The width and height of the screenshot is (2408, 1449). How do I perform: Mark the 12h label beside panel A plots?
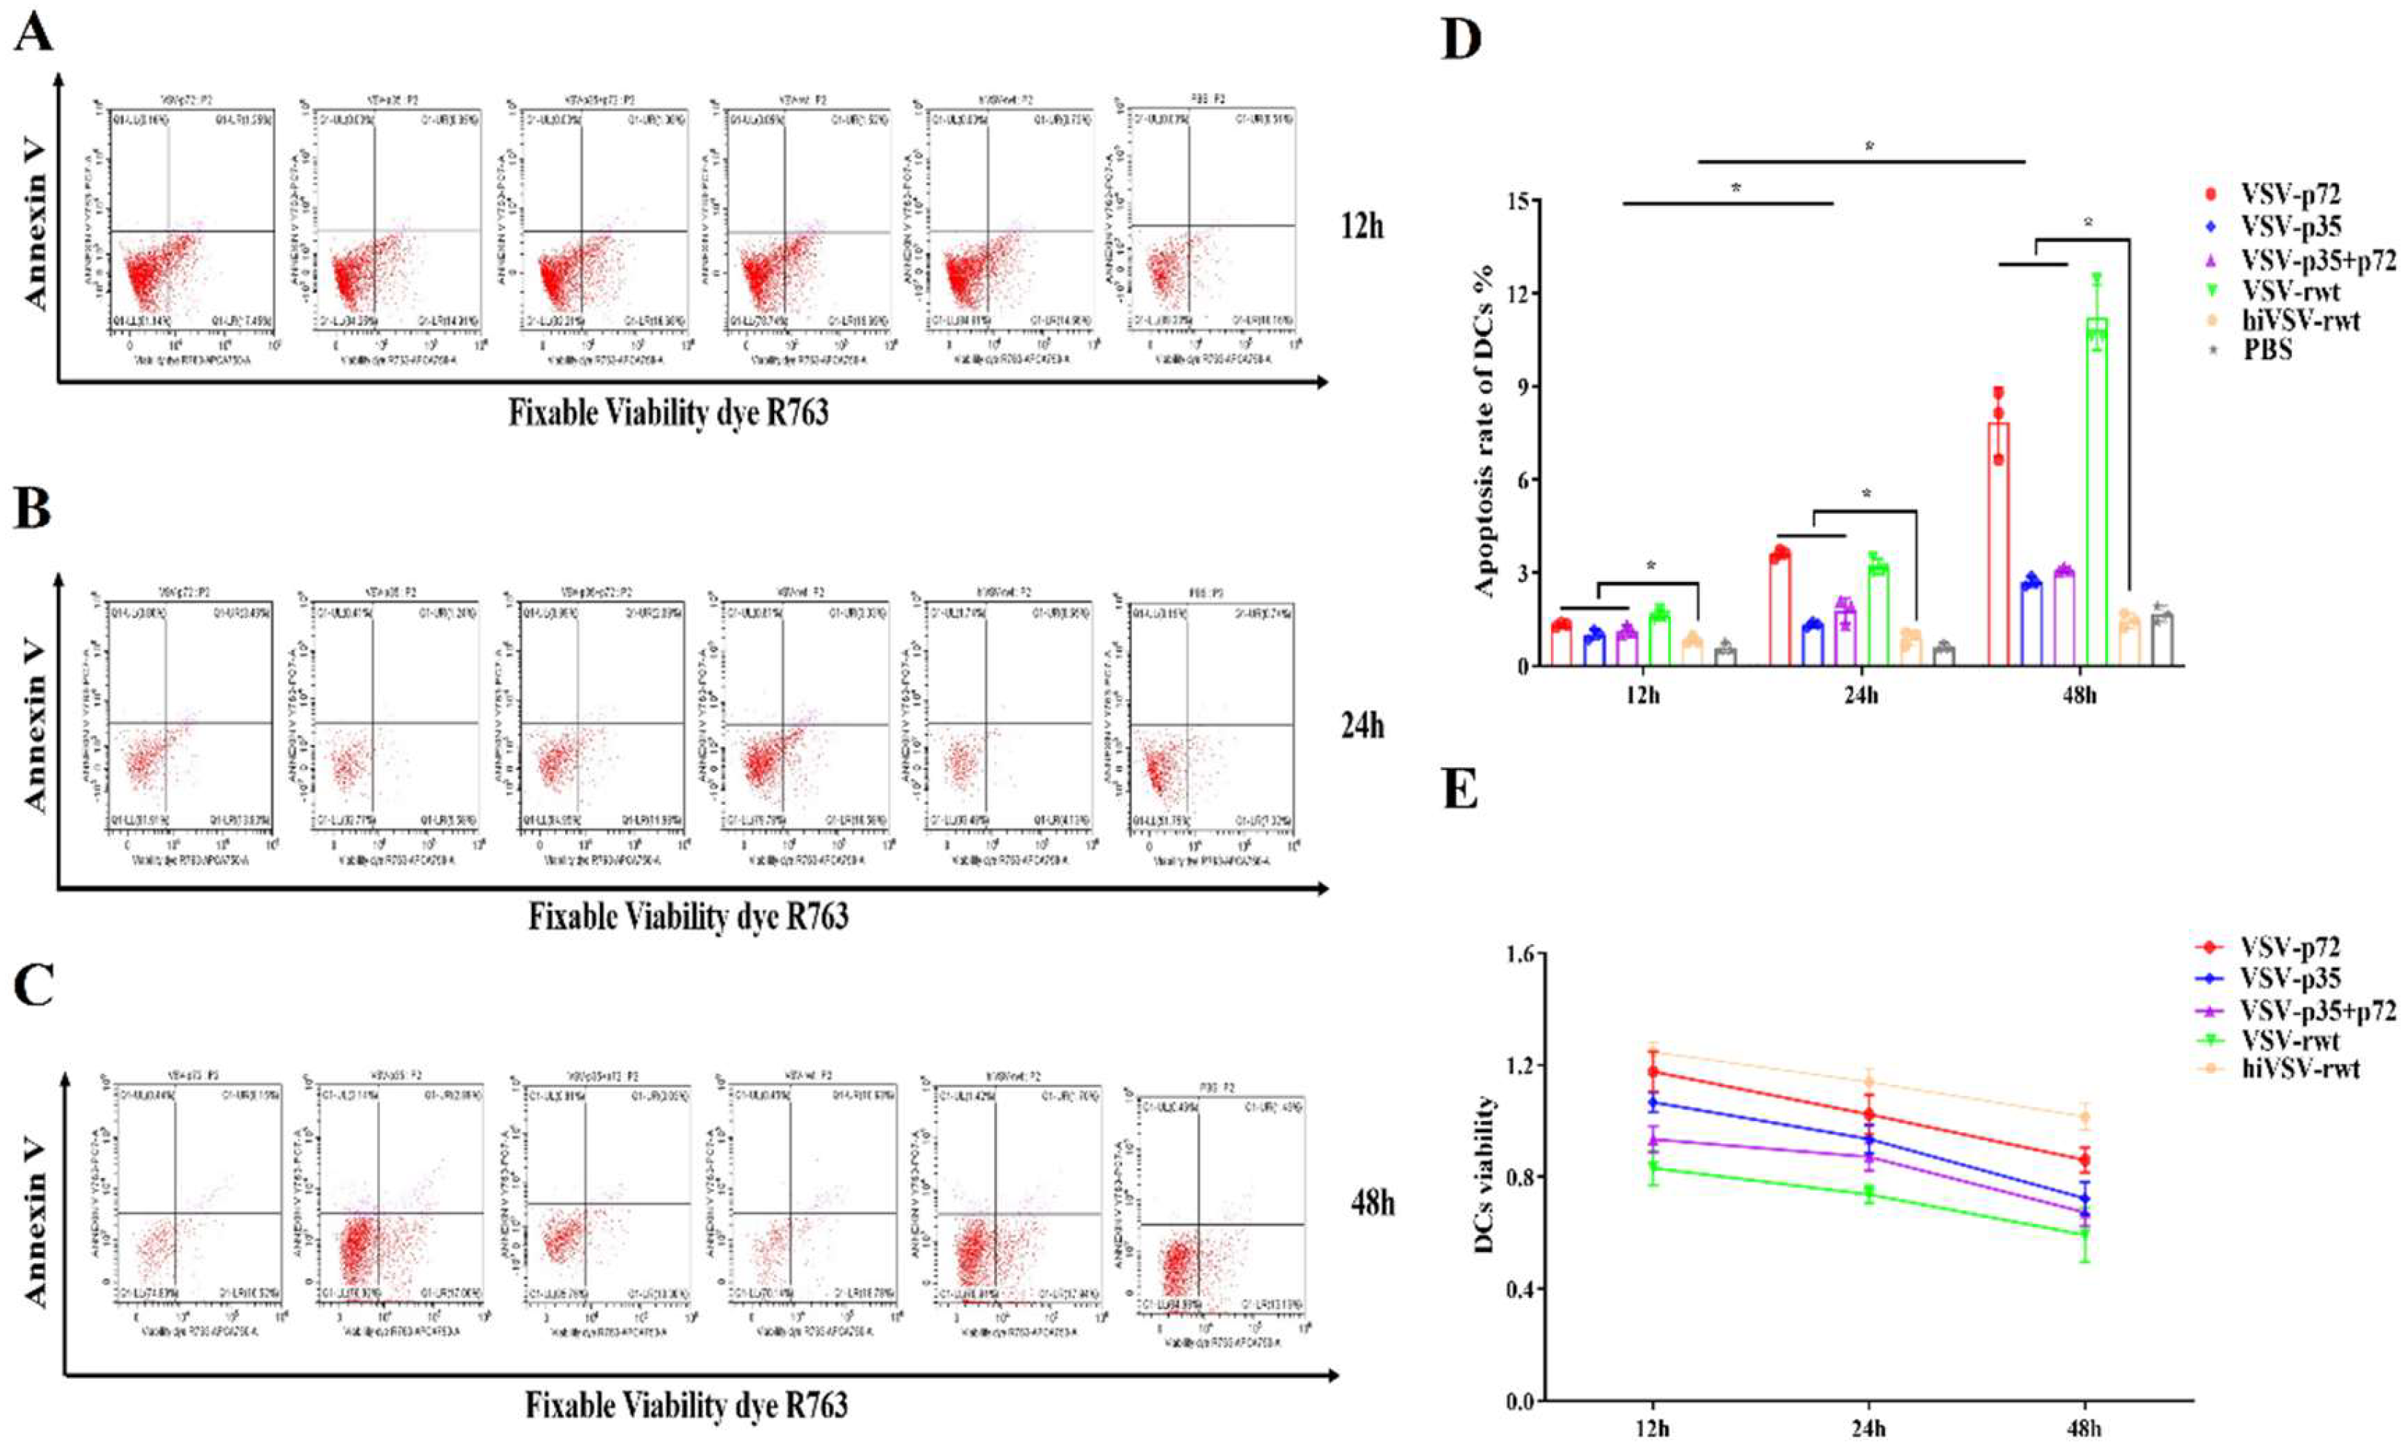click(x=1361, y=227)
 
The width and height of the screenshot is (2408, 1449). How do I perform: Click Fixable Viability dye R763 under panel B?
click(x=688, y=918)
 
